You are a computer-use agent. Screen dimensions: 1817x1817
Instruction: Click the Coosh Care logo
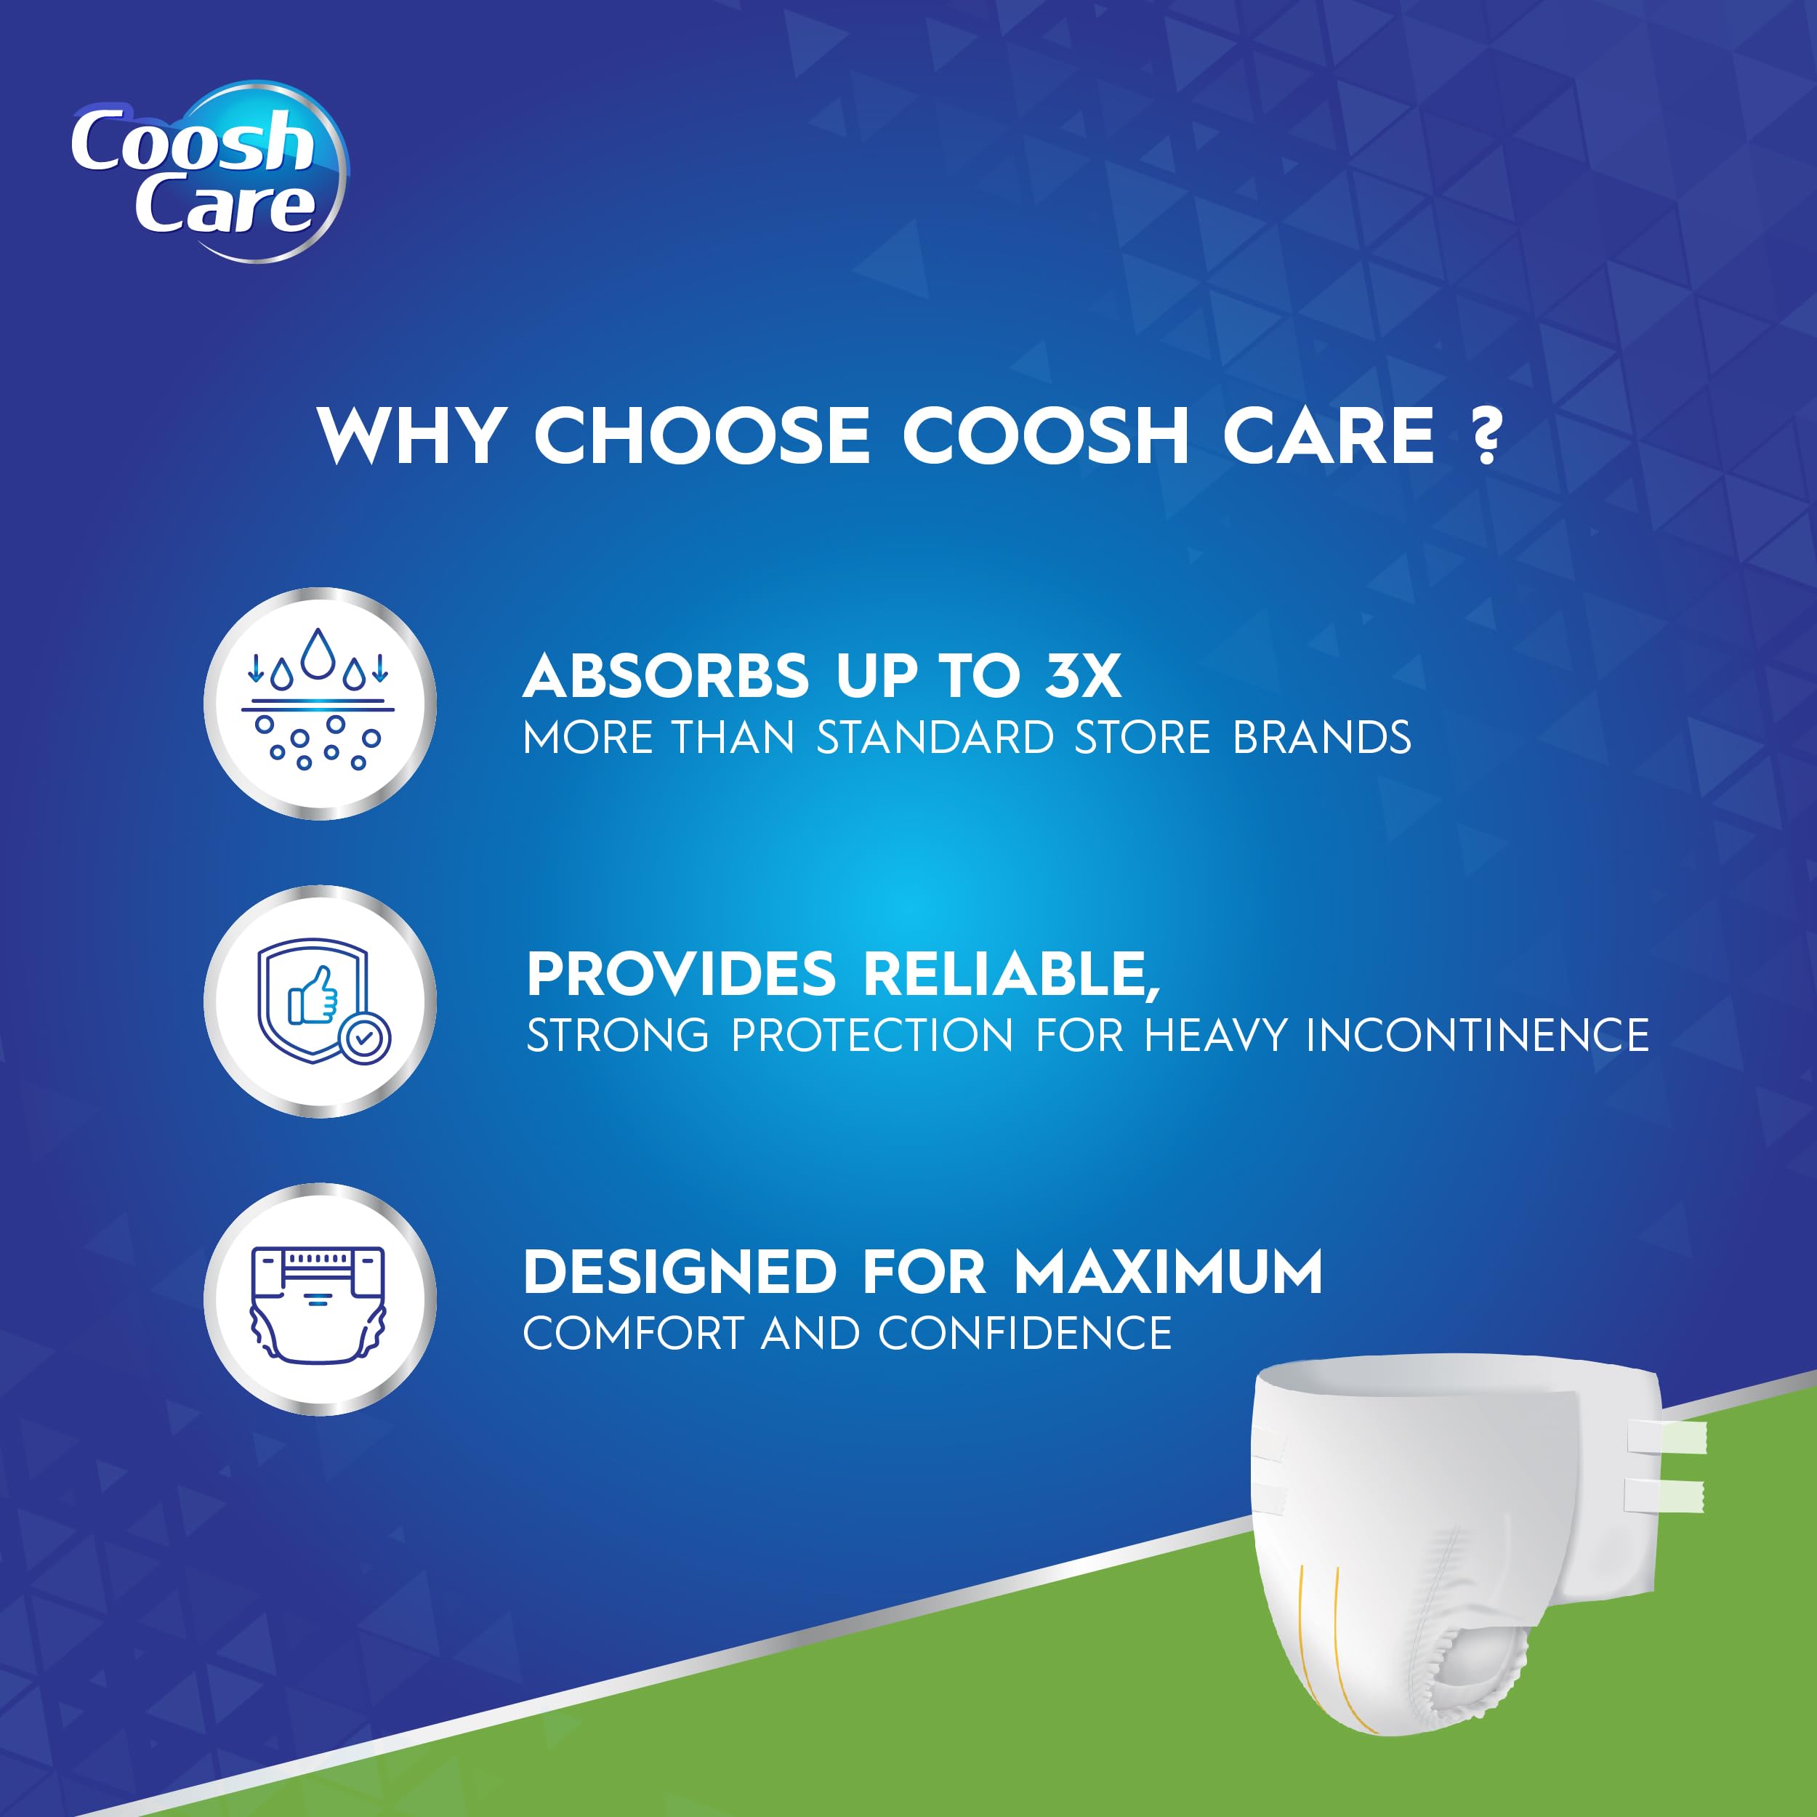click(x=207, y=172)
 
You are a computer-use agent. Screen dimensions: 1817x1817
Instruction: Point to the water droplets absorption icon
click(x=320, y=703)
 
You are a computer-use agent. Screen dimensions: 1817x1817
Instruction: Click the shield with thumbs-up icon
click(x=320, y=1001)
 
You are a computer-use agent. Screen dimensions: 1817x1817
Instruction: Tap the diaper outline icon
click(x=320, y=1299)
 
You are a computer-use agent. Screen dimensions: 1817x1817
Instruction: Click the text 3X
click(x=1081, y=676)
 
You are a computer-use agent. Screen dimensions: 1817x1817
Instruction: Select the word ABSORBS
click(x=666, y=676)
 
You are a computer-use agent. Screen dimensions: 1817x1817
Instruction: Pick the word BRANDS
click(x=1322, y=738)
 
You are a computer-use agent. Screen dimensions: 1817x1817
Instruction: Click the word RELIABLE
click(x=1010, y=975)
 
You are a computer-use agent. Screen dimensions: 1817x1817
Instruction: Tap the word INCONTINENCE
click(x=1478, y=1036)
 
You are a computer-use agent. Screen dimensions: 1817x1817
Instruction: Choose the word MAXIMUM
click(x=1168, y=1273)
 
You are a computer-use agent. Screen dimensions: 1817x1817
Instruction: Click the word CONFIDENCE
click(x=1025, y=1334)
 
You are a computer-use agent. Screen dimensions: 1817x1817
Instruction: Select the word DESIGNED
click(x=680, y=1273)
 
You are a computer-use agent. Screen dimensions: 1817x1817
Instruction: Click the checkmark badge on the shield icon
click(x=364, y=1039)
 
